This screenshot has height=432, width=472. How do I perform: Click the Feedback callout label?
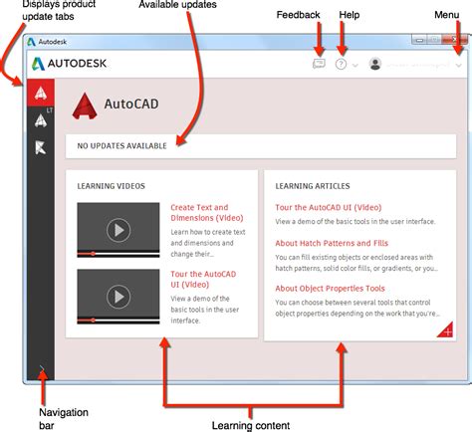300,15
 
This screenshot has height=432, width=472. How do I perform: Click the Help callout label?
349,15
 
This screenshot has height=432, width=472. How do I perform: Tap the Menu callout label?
447,15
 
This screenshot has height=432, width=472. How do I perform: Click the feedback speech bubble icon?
319,63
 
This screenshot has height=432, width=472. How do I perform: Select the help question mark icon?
343,63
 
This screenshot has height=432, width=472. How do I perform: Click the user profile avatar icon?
375,63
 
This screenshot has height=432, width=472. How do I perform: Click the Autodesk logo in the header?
70,63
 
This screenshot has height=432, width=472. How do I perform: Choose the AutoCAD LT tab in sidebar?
40,120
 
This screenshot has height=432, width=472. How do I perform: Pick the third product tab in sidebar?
40,148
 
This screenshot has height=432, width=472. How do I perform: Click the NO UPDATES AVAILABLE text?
123,146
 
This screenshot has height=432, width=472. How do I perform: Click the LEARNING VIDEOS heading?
112,186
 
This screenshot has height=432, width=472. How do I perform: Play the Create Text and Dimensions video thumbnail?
118,230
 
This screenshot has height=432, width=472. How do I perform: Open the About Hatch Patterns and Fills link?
332,243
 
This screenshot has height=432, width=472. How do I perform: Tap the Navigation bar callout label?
63,418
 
